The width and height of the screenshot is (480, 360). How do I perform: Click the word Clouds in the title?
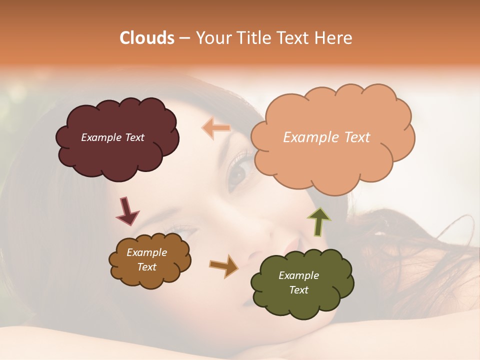coord(146,38)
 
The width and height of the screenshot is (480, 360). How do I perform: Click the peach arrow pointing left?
coord(216,128)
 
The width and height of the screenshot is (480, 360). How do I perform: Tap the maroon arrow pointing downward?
coord(127,210)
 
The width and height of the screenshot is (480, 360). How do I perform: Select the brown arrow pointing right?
coord(223,265)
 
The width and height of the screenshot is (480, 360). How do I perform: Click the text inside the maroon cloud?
coord(112,137)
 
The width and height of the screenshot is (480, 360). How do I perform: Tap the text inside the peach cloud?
coord(326,137)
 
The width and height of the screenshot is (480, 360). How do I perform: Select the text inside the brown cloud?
coord(147,259)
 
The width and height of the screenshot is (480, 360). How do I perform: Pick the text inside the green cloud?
coord(298,282)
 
